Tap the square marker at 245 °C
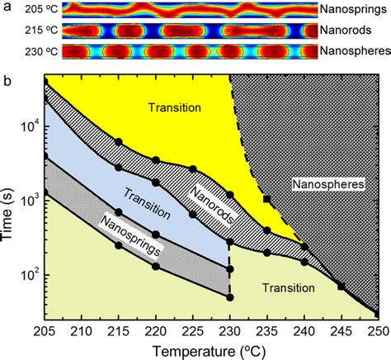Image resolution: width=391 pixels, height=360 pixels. tap(342, 287)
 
